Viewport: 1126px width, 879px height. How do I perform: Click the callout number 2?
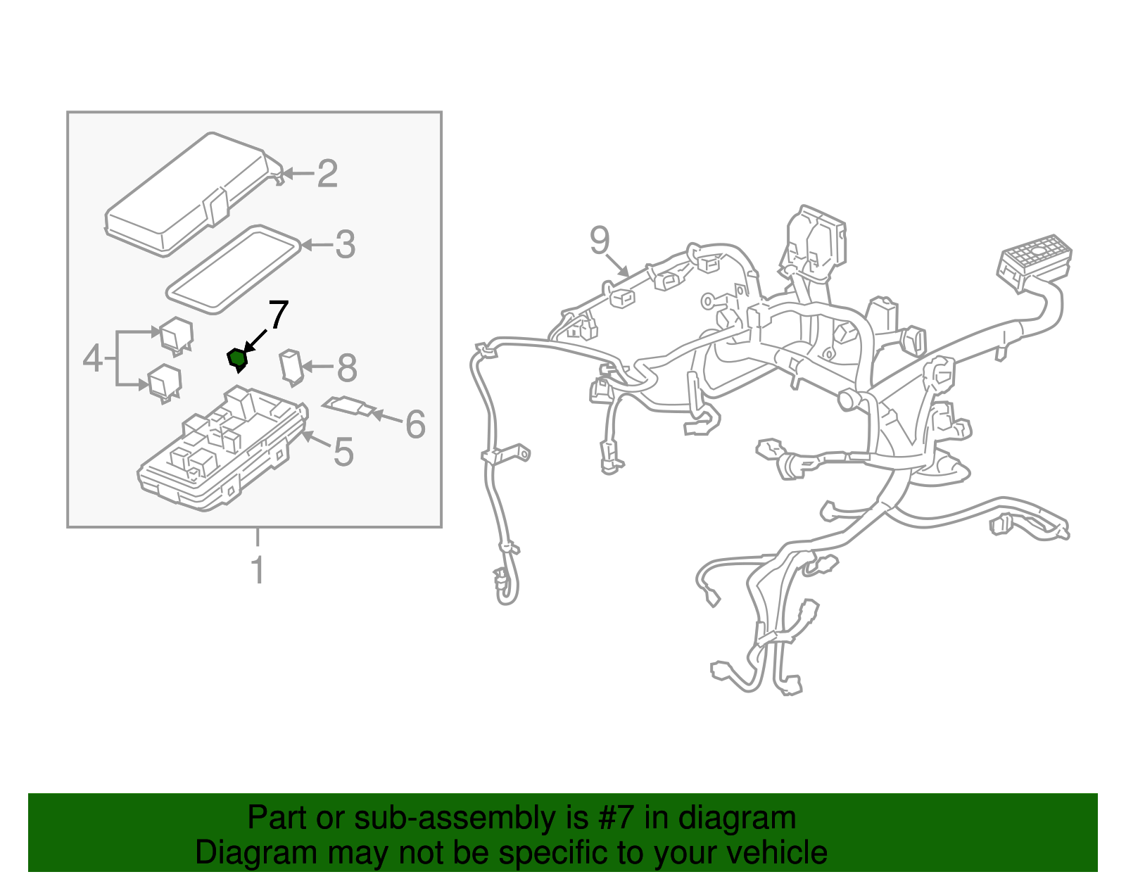[x=327, y=174]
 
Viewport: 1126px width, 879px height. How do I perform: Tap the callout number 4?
[x=93, y=358]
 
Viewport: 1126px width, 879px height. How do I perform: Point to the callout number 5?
[x=343, y=452]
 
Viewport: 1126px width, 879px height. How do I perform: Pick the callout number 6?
[x=415, y=424]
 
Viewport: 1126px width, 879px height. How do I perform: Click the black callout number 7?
[x=278, y=315]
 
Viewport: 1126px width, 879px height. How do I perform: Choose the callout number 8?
[x=347, y=368]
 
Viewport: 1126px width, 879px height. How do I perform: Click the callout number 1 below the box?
[x=258, y=570]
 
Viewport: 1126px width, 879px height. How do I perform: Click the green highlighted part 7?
[x=236, y=359]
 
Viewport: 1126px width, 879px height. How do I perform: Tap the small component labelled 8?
[x=291, y=367]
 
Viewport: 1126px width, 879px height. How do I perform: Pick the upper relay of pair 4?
[x=176, y=336]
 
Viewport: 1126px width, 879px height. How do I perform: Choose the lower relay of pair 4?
[x=165, y=384]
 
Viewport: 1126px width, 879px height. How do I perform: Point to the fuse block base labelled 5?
[x=223, y=448]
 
